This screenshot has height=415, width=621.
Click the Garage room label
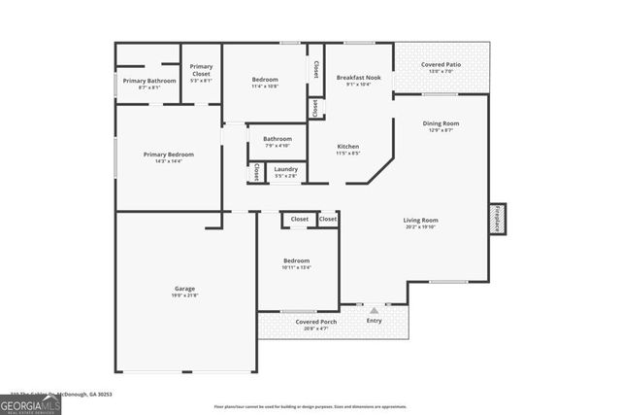[184, 288]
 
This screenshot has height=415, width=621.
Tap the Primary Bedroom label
[168, 155]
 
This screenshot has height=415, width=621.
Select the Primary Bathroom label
[148, 81]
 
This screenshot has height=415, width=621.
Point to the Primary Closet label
[201, 70]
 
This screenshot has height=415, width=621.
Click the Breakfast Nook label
[358, 77]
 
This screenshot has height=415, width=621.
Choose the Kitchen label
[347, 146]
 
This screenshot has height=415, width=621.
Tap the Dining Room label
[440, 123]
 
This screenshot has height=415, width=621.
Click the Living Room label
[420, 220]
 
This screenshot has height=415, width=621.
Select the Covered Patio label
[440, 65]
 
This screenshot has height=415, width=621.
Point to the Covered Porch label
[316, 321]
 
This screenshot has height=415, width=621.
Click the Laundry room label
[285, 169]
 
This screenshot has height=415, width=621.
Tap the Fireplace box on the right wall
[498, 220]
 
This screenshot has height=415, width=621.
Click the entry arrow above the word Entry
[374, 310]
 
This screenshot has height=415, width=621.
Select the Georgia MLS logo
[30, 403]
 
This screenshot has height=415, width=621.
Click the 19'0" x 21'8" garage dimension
[184, 295]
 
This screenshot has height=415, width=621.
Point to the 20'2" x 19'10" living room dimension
[420, 227]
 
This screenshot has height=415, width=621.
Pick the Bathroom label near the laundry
[277, 139]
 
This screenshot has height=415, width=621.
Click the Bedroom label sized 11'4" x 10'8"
[265, 79]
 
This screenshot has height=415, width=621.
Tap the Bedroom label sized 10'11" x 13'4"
[296, 260]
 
